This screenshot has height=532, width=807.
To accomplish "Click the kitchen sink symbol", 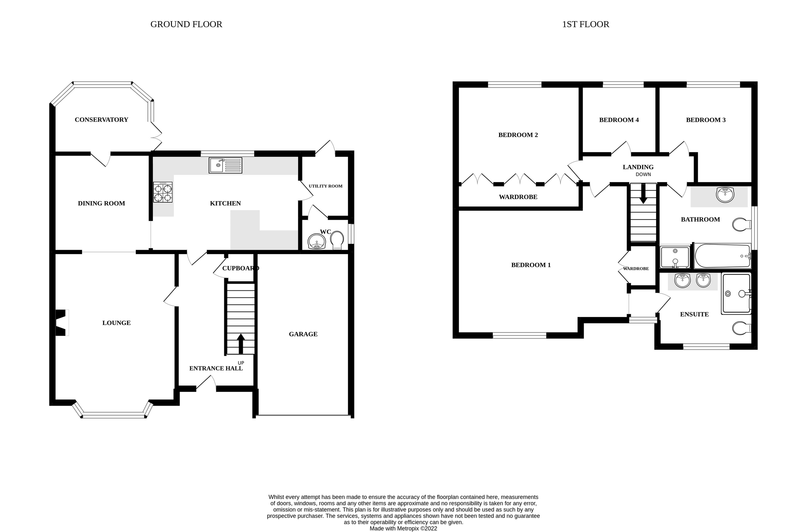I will click(225, 165).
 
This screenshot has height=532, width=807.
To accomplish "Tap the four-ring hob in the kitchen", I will click(162, 192).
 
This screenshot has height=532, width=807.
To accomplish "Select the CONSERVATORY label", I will click(101, 119).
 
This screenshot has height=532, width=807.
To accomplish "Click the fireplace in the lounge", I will click(62, 323).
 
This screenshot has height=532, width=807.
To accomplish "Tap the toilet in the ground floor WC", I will click(337, 240).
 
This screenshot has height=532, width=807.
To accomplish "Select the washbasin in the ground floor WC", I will click(317, 242).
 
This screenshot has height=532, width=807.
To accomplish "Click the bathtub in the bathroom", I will click(722, 256).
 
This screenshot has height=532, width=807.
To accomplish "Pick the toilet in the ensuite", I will click(741, 328).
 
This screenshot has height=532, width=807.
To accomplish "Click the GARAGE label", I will click(303, 334).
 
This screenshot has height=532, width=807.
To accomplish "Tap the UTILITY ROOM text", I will click(325, 186).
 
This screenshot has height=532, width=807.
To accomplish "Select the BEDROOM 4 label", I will click(619, 120).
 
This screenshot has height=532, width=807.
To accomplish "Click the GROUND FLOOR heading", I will click(186, 25).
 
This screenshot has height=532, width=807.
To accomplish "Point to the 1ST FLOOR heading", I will click(585, 25).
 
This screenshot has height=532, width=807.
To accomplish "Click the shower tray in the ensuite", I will click(736, 293).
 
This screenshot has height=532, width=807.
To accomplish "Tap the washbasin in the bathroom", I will click(725, 195).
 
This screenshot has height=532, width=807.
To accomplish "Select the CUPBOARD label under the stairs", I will click(240, 268).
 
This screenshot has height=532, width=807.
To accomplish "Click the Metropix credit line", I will click(403, 528).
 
